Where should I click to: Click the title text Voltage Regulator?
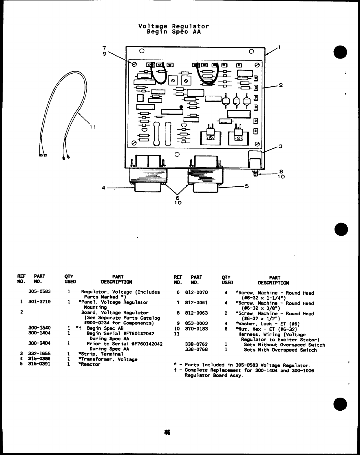point(173,26)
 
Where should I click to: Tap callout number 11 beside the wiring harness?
point(92,127)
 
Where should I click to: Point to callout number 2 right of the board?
point(281,85)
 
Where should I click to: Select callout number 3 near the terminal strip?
point(280,146)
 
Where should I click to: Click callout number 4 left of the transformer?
point(103,188)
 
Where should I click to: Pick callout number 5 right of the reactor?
point(247,186)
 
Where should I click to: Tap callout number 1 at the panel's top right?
point(279,47)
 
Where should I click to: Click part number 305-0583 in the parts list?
point(39,292)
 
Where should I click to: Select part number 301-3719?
point(39,302)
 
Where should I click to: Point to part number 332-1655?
point(39,354)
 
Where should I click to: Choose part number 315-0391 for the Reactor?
point(39,364)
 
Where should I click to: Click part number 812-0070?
point(196,292)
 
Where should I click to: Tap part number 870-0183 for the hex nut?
point(196,329)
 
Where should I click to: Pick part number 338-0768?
point(196,350)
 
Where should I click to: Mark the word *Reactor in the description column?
point(89,364)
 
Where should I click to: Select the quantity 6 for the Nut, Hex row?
point(226,329)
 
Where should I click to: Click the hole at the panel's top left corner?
point(141,51)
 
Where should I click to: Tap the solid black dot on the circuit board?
point(181,107)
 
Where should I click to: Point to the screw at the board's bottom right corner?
point(257,144)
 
